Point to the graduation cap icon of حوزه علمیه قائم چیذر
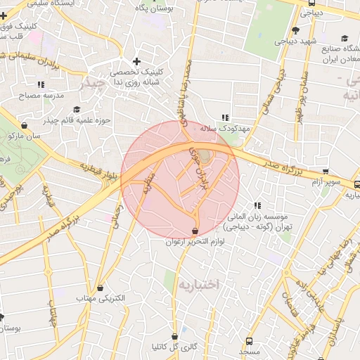76,110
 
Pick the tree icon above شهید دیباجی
295,30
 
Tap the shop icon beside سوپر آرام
326,171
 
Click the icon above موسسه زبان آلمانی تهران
257,205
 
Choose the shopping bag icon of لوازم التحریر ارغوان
195,231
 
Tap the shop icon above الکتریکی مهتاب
101,287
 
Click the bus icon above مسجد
249,338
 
